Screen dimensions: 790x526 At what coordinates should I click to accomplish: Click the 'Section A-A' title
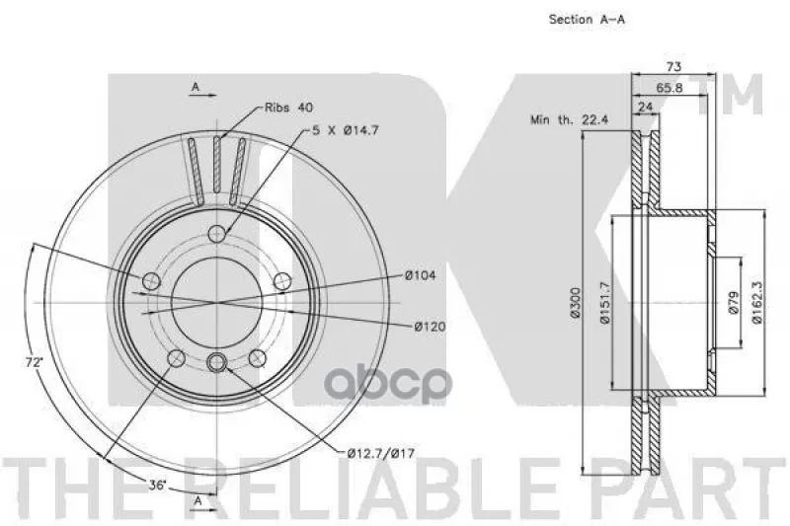(587, 20)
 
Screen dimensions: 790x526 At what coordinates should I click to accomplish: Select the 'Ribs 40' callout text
(288, 108)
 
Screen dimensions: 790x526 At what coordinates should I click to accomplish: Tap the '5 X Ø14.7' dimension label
(346, 130)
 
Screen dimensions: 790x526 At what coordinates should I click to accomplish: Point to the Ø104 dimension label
(421, 275)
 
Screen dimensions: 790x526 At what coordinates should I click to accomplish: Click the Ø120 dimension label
(430, 327)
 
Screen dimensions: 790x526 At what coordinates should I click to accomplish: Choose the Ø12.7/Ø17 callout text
(381, 454)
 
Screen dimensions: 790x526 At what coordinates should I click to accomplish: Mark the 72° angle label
(35, 361)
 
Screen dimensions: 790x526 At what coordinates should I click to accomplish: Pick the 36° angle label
(157, 486)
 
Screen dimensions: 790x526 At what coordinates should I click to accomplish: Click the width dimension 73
(673, 66)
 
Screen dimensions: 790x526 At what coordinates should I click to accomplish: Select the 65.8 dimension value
(670, 88)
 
